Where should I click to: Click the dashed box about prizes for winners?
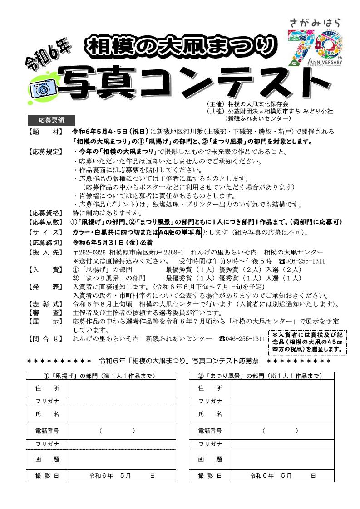pyautogui.click(x=307, y=342)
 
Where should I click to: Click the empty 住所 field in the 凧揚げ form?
pyautogui.click(x=122, y=388)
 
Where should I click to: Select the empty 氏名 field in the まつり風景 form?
pyautogui.click(x=285, y=415)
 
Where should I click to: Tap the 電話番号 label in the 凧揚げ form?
pyautogui.click(x=47, y=431)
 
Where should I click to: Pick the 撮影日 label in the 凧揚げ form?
pyautogui.click(x=47, y=476)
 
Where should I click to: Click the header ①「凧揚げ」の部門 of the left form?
pyautogui.click(x=101, y=376)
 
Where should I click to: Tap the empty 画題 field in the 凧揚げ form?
pyautogui.click(x=122, y=459)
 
